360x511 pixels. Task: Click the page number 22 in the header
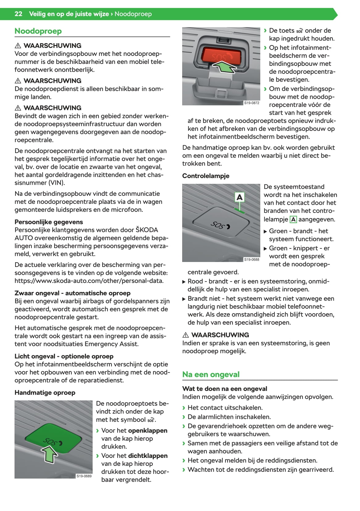18,14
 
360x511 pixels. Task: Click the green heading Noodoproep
38,31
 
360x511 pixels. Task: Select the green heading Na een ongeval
211,374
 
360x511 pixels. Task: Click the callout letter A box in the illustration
239,197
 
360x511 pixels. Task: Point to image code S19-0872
252,103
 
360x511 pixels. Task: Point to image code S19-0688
252,260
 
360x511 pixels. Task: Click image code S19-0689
84,476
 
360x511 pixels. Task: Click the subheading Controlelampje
206,176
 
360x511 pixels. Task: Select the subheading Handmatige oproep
45,393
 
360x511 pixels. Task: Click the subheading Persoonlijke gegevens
48,222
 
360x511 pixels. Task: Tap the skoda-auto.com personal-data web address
89,281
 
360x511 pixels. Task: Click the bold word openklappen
148,430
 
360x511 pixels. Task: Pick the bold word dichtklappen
148,456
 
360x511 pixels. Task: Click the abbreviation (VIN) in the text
57,183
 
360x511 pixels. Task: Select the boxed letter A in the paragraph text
293,219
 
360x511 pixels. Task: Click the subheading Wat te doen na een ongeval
224,389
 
